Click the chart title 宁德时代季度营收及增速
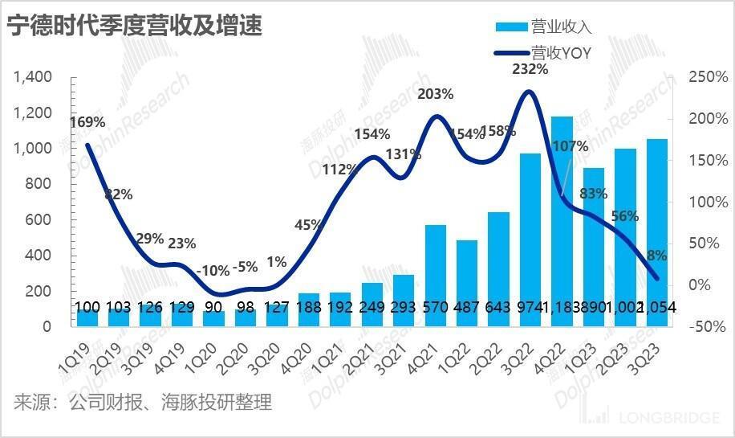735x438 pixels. coord(135,26)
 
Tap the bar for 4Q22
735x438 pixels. coord(562,221)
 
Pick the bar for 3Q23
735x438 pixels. coord(656,232)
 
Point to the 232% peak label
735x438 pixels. coord(530,70)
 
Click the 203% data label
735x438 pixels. coord(436,94)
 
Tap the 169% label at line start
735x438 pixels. coord(87,123)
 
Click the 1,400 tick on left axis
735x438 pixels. coord(33,78)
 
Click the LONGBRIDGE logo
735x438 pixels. coord(657,419)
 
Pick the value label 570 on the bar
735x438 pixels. coord(435,308)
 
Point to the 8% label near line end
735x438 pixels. coord(657,256)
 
